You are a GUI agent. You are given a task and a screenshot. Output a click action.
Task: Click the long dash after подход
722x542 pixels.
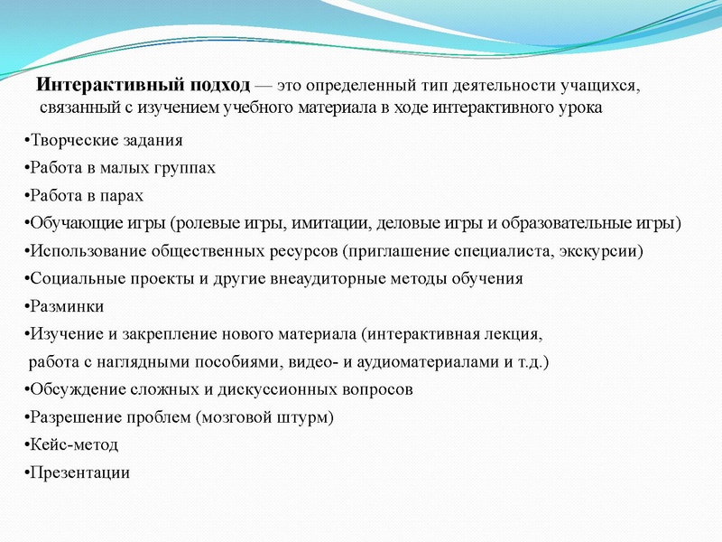click(x=267, y=86)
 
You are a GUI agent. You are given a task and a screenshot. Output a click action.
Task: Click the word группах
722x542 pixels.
click(x=185, y=169)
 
